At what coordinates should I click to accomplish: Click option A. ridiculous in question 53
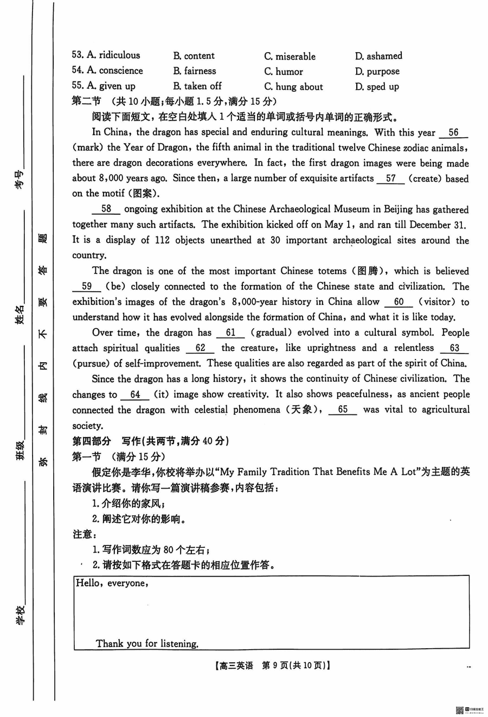click(x=106, y=55)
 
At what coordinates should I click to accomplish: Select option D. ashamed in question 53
click(x=378, y=56)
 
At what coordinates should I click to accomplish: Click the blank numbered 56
click(x=453, y=133)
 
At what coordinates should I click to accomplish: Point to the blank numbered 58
click(x=106, y=209)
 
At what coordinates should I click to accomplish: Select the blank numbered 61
click(x=230, y=333)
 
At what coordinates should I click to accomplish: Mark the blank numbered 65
click(x=343, y=410)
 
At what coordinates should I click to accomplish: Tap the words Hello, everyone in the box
click(x=112, y=584)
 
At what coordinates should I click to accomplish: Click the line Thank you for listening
click(x=147, y=644)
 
